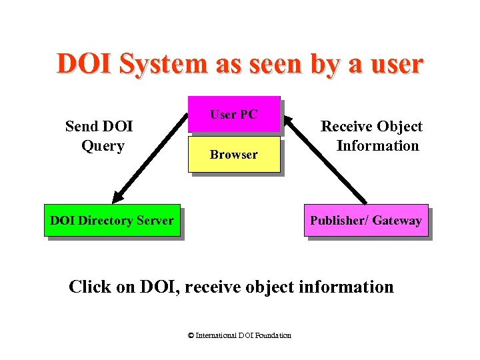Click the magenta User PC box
233,114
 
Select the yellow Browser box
233,154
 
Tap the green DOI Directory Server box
112,220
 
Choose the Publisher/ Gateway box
365,220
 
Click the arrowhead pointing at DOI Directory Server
119,197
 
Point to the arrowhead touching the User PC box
288,121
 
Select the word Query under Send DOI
103,145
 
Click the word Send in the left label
82,126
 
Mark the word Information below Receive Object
378,145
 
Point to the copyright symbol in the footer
191,335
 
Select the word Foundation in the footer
274,335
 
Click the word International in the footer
215,335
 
